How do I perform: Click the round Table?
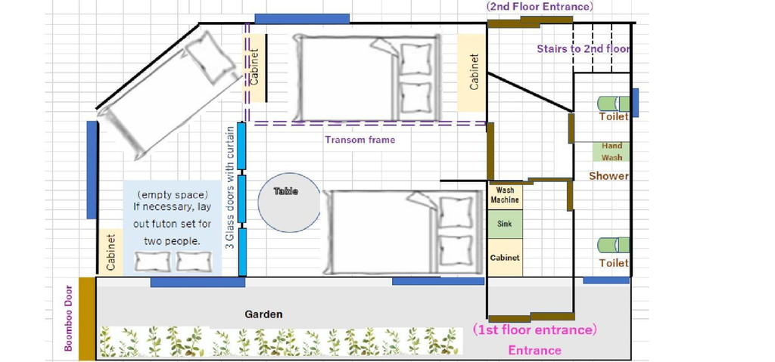coord(289,203)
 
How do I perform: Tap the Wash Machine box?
coord(505,195)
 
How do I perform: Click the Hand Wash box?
coord(612,152)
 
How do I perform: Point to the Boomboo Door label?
coord(69,318)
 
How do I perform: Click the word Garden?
coord(264,314)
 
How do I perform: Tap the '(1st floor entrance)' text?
coord(535,330)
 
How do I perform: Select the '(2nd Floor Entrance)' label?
coord(540,6)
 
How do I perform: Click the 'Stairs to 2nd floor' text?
coord(584,49)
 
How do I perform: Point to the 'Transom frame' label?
coord(359,140)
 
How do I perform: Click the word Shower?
coord(608,176)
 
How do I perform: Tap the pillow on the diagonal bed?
coord(211,58)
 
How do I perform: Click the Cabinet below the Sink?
coord(505,258)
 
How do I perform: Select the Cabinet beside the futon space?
coord(110,252)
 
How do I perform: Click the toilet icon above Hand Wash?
coord(613,104)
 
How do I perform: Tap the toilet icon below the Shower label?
coord(613,246)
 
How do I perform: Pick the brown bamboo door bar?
coord(87,318)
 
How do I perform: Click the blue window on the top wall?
coord(302,19)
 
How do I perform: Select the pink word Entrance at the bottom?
coord(535,351)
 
